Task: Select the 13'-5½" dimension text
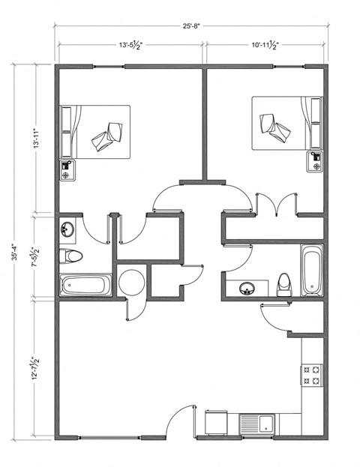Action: click(x=130, y=46)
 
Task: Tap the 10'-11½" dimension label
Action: click(x=266, y=46)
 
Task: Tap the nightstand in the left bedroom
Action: click(x=66, y=169)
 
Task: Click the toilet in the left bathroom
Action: click(x=70, y=256)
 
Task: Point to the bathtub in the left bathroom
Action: click(x=85, y=285)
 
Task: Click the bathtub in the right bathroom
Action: click(x=312, y=270)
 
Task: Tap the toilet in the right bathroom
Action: click(x=284, y=283)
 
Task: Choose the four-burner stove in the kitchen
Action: click(x=312, y=376)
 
